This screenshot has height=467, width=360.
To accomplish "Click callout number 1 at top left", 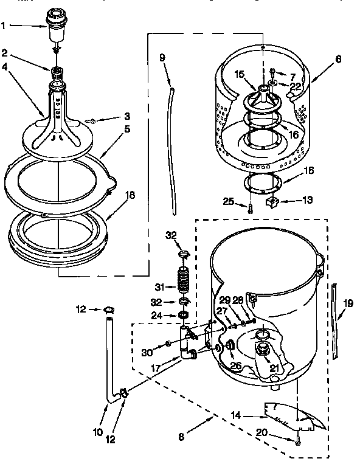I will click(5, 26).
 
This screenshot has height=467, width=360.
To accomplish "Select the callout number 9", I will click(162, 58).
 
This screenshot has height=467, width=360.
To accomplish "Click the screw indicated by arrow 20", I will click(297, 442).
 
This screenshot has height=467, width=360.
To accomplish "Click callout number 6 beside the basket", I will click(337, 60).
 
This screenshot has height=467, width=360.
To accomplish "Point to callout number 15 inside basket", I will click(239, 74).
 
